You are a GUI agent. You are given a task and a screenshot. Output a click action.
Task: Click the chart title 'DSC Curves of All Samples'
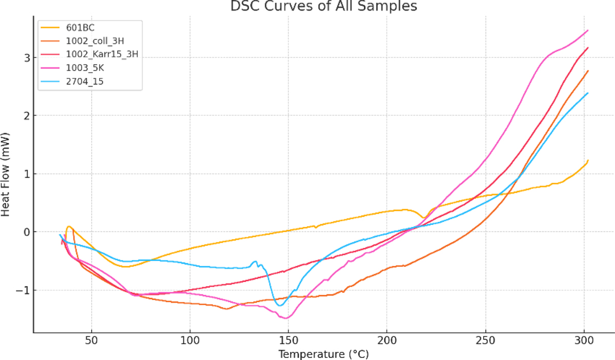323,6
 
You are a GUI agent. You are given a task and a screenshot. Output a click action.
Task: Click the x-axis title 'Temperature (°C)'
323,354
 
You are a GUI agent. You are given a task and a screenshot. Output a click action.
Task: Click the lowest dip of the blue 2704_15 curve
279,306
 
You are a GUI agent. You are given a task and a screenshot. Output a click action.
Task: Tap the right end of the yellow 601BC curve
588,160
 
